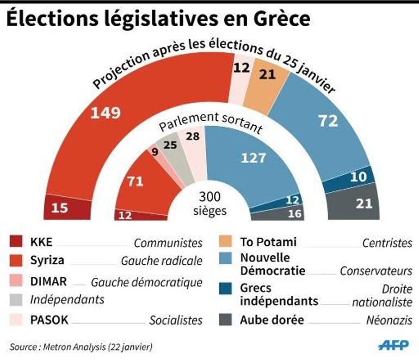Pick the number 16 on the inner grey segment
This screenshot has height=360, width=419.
[x=294, y=214]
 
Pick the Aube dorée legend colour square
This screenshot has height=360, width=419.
[x=224, y=320]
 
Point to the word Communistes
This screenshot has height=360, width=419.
[x=168, y=243]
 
